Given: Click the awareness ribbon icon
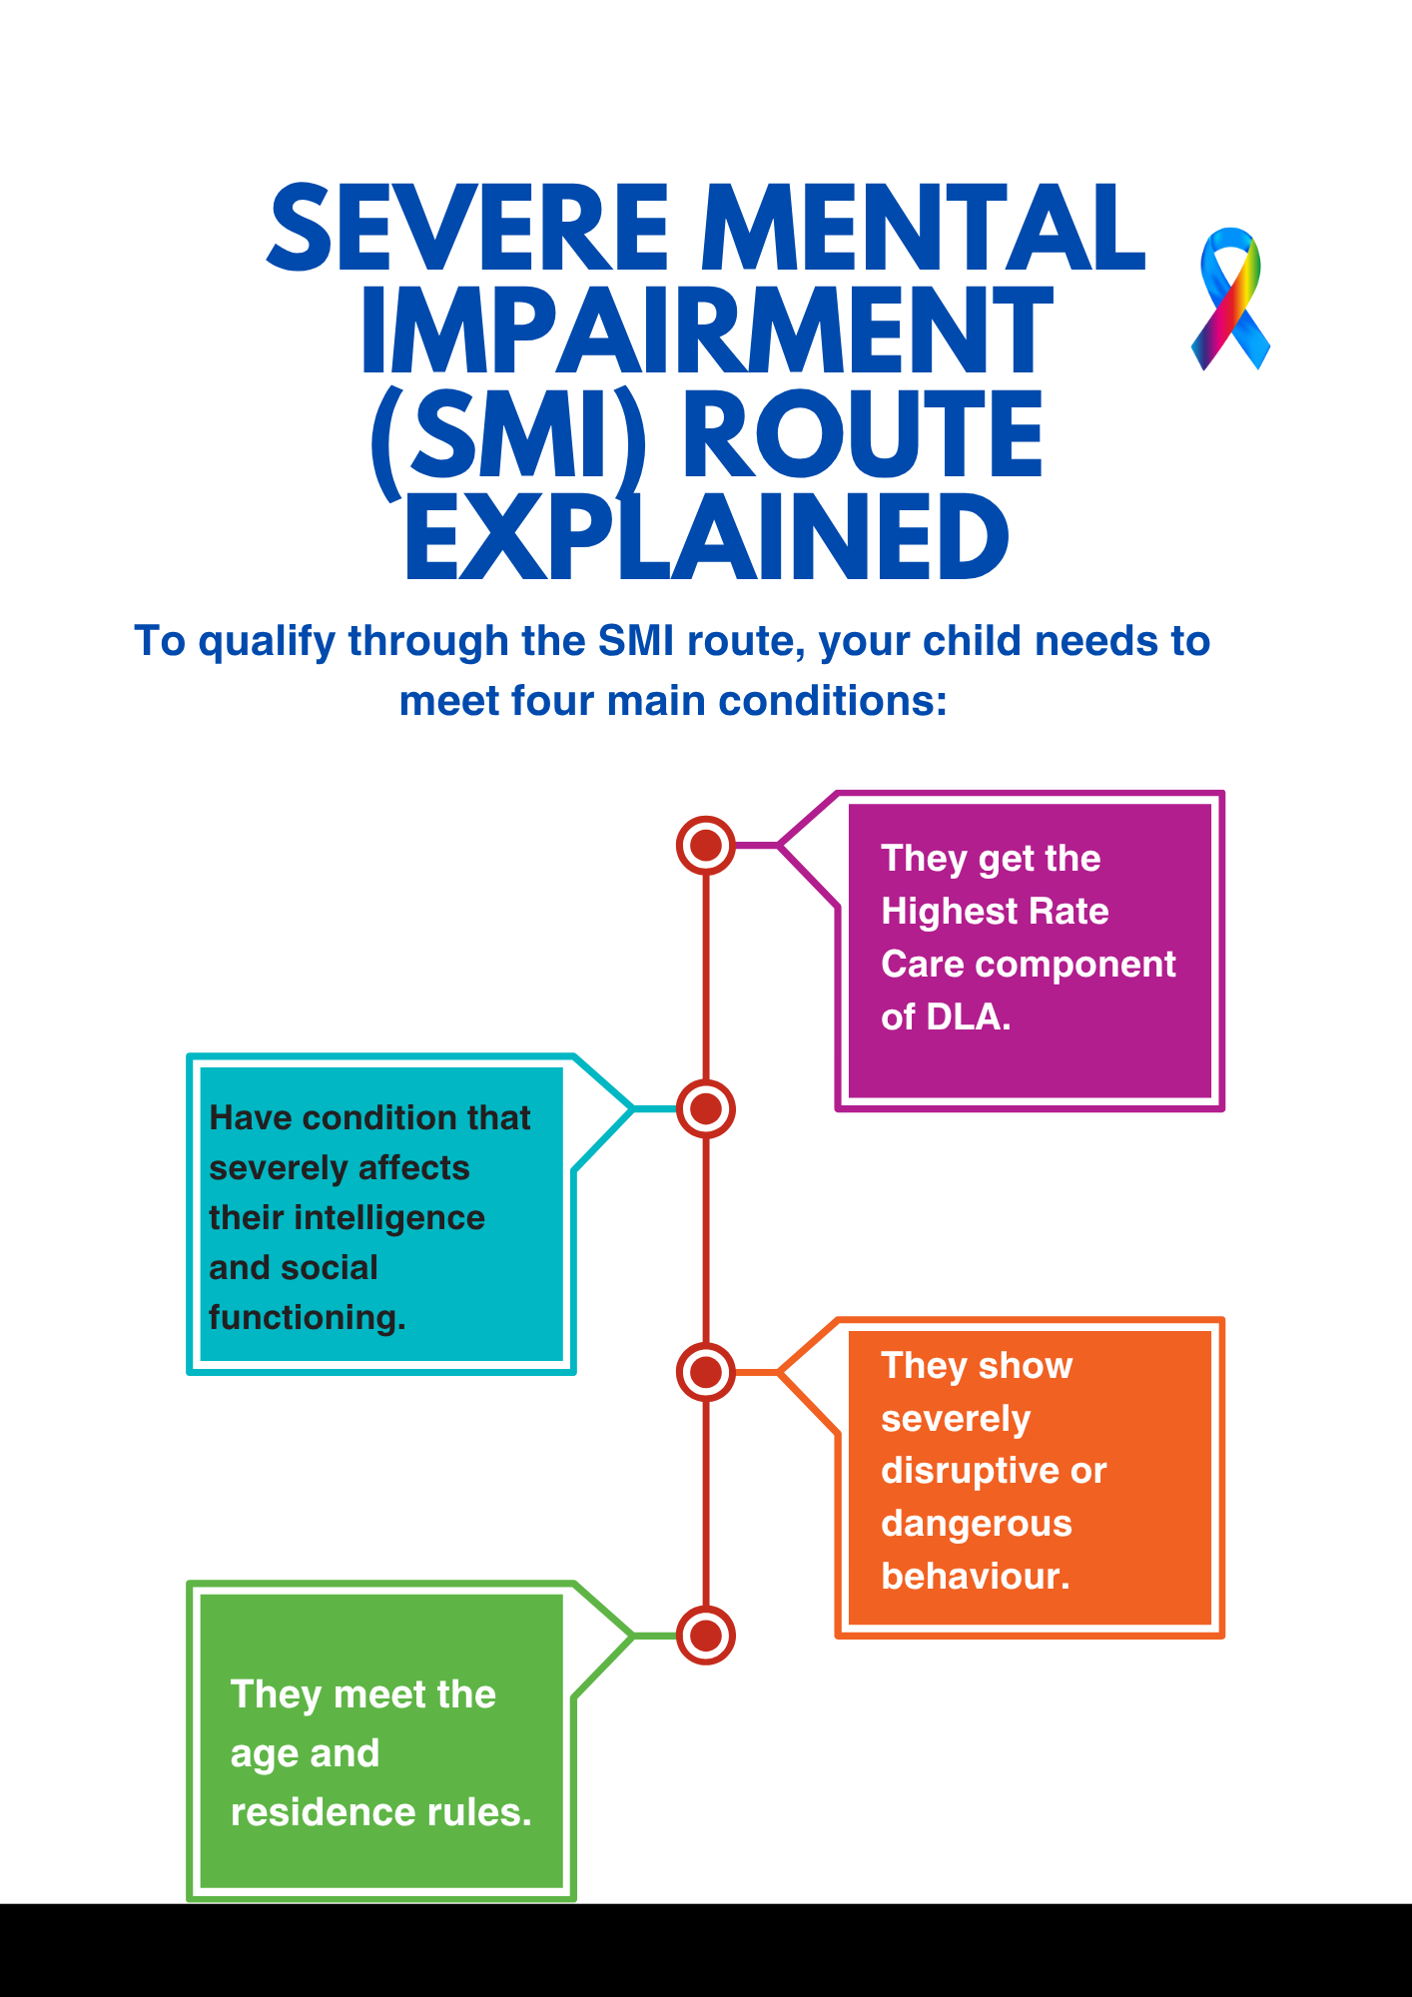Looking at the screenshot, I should (1230, 300).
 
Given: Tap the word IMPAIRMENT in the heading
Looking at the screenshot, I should (707, 332).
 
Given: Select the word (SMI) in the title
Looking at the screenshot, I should (507, 435).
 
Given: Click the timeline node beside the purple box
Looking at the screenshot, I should (706, 846).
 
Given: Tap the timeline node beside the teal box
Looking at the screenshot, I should (706, 1108).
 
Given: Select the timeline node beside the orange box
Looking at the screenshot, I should (706, 1372).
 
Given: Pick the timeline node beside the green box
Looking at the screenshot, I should (706, 1636).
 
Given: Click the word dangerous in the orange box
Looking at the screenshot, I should (976, 1524).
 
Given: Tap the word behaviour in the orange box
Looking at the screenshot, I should (973, 1577).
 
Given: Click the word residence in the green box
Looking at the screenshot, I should (320, 1812).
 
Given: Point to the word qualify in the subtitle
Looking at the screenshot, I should (266, 642).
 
